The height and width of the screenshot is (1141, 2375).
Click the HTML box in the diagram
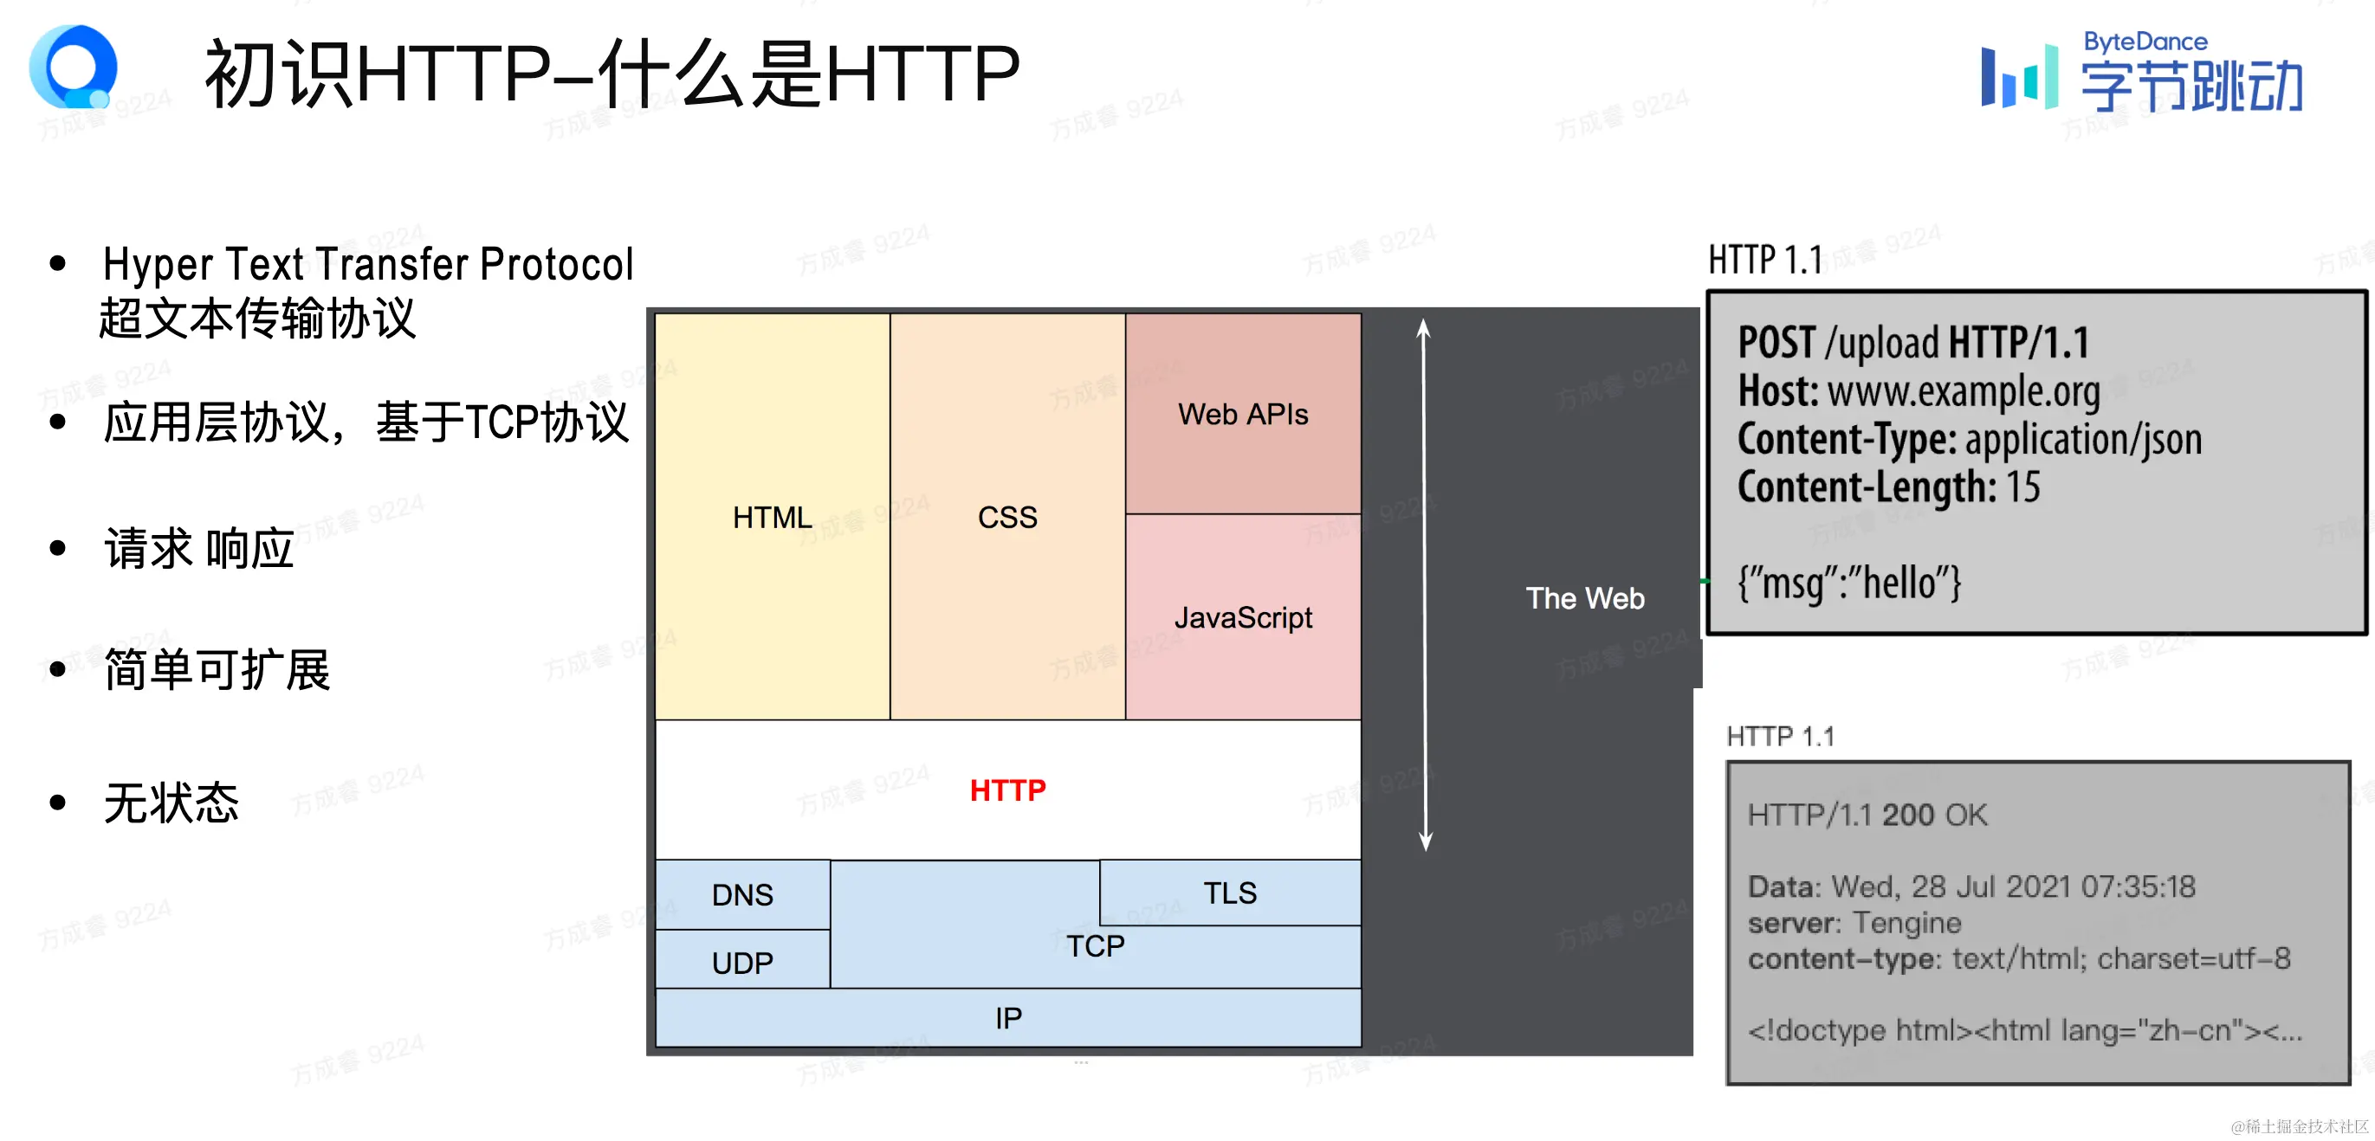(x=772, y=517)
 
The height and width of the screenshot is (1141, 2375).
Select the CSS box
(x=1006, y=517)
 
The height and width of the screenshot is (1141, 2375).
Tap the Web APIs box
(x=1242, y=414)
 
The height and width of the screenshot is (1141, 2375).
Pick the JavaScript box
(x=1242, y=616)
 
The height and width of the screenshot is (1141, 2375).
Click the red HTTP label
(x=1006, y=790)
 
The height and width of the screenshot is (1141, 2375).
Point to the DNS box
(x=742, y=894)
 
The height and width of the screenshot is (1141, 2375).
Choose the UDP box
(x=742, y=962)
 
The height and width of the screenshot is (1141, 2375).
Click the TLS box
(x=1229, y=893)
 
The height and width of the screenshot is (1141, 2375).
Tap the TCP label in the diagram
(x=1096, y=945)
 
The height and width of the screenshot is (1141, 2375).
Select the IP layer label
(x=1007, y=1017)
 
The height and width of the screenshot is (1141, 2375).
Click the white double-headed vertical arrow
(x=1425, y=585)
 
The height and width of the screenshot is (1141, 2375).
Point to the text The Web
(x=1584, y=598)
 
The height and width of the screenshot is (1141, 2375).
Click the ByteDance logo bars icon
(x=2018, y=76)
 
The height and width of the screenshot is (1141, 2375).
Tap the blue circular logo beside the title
(x=73, y=68)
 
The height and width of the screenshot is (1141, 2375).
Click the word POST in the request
(x=1776, y=343)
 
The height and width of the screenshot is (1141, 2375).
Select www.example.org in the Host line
(x=1963, y=391)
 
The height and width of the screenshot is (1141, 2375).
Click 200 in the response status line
(x=1907, y=815)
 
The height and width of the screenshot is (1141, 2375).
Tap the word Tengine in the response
(x=1906, y=923)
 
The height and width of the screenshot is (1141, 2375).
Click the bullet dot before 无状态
(x=58, y=803)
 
